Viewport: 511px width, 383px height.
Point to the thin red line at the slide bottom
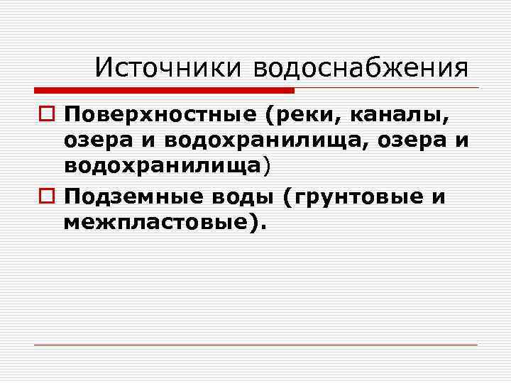[x=255, y=345]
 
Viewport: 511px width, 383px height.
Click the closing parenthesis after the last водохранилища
[x=268, y=167]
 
